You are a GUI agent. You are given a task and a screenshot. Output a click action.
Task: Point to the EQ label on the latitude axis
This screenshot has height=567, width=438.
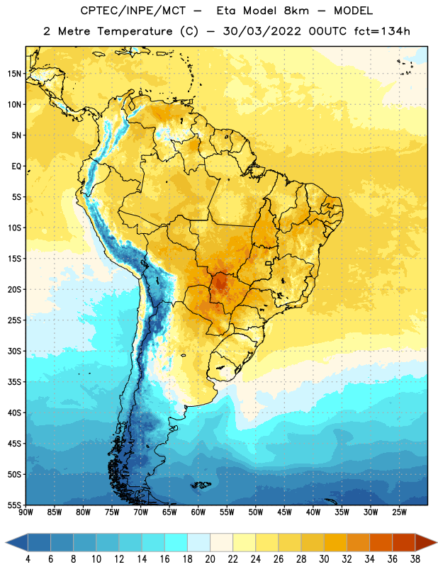pyautogui.click(x=16, y=167)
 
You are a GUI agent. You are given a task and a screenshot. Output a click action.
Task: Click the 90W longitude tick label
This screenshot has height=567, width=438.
pyautogui.click(x=26, y=512)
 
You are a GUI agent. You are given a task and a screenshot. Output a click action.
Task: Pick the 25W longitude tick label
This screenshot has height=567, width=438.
pyautogui.click(x=399, y=512)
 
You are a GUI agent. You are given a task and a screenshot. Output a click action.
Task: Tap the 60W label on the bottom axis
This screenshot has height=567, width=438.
pyautogui.click(x=198, y=512)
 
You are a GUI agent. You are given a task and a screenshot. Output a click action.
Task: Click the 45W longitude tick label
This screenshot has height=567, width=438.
pyautogui.click(x=285, y=512)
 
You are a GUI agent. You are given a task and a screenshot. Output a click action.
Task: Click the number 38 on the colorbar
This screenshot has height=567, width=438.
pyautogui.click(x=415, y=559)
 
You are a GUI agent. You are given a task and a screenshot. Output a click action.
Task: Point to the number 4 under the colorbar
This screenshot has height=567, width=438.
pyautogui.click(x=28, y=559)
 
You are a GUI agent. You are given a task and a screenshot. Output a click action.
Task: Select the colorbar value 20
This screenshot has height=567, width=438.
pyautogui.click(x=210, y=559)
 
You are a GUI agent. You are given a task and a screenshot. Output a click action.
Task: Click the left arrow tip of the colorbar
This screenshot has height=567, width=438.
pyautogui.click(x=6, y=542)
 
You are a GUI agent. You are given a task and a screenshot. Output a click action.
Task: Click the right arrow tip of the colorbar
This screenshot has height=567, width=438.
pyautogui.click(x=437, y=542)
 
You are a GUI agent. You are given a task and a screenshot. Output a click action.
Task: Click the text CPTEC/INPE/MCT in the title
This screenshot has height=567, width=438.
pyautogui.click(x=133, y=11)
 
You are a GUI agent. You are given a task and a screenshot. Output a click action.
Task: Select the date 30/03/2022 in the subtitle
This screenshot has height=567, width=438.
pyautogui.click(x=262, y=31)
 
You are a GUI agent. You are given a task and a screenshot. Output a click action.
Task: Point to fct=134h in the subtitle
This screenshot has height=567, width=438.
pyautogui.click(x=382, y=31)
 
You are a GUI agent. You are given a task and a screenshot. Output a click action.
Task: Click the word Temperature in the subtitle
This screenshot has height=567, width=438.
pyautogui.click(x=135, y=31)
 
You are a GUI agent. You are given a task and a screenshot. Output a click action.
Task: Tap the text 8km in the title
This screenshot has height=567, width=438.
pyautogui.click(x=297, y=11)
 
